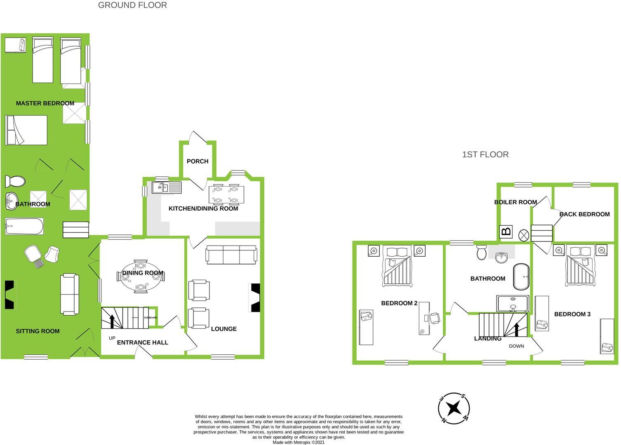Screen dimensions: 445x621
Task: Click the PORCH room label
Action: pos(198,161)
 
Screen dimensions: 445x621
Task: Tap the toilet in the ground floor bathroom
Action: pos(15,181)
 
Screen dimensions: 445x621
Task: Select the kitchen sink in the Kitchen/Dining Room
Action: pos(166,188)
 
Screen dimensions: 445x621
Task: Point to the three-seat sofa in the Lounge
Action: pos(231,254)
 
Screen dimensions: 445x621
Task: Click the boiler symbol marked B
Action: pos(506,232)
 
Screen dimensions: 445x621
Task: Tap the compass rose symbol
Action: pos(454,408)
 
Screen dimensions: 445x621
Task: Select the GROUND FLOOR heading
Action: pos(132,5)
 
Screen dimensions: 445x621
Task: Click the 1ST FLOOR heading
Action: pos(485,155)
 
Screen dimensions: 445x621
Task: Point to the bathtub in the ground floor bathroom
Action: pos(24,226)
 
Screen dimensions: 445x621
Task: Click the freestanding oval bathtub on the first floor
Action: pos(522,276)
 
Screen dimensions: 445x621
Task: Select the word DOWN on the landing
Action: pos(516,346)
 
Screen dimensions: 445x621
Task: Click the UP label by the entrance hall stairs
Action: pos(112,338)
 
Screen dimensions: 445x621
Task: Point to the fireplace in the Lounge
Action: pos(255,297)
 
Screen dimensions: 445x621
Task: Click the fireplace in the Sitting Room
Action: pos(9,295)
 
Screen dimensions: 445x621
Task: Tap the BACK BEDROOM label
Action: pos(584,214)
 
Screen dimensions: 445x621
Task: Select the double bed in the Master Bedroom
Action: pos(26,130)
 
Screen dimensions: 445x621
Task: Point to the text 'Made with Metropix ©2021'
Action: pos(299,442)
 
